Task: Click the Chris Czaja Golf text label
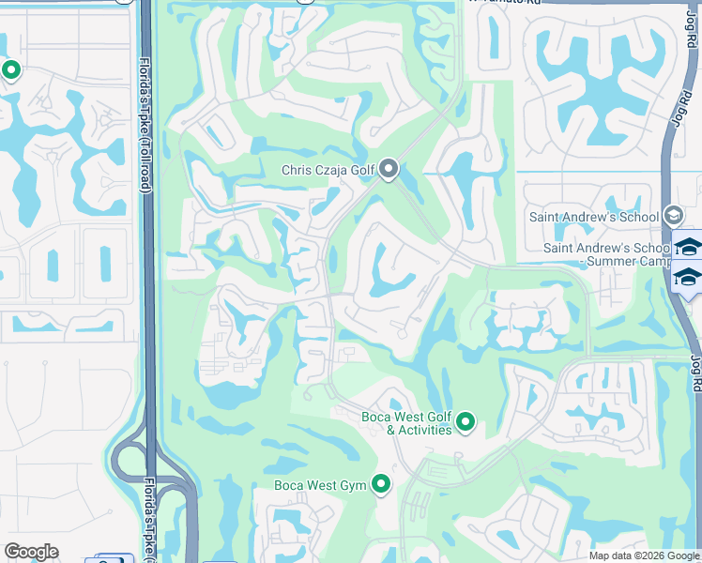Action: click(x=328, y=171)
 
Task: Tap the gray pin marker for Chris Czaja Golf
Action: click(x=389, y=169)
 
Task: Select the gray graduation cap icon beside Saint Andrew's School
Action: click(x=672, y=216)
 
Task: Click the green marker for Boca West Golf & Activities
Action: click(x=465, y=422)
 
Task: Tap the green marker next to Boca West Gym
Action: click(x=380, y=484)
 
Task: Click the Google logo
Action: click(x=31, y=552)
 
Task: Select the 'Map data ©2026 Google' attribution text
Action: click(x=644, y=555)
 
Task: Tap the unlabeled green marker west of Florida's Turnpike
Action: click(x=10, y=70)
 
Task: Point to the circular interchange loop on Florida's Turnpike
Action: click(x=127, y=461)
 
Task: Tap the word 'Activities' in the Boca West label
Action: click(x=426, y=430)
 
